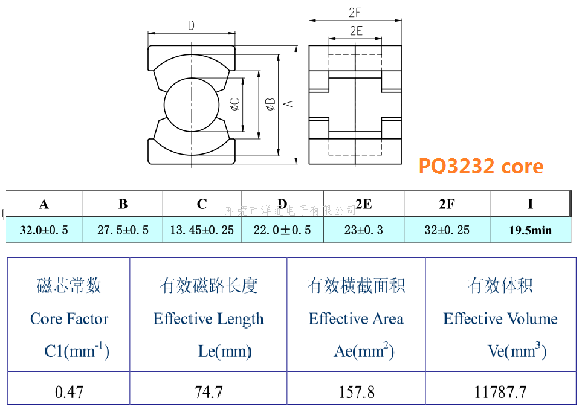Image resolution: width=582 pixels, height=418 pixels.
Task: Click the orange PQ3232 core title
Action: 481,166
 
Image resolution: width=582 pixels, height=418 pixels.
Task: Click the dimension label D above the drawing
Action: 191,25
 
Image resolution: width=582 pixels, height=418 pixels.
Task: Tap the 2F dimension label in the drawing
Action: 355,13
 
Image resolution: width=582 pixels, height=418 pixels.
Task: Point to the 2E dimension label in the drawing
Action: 356,30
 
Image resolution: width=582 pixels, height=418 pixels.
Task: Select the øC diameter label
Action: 235,104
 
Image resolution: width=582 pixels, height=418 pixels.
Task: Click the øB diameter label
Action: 271,104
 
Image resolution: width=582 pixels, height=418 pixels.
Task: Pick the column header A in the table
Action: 44,204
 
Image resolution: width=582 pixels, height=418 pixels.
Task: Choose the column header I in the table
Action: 531,204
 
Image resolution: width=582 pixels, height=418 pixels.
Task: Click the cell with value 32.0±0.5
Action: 44,230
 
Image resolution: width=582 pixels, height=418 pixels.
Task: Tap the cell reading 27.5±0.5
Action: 123,230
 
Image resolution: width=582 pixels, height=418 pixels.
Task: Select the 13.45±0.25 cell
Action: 202,230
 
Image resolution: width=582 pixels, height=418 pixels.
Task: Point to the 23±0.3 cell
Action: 363,230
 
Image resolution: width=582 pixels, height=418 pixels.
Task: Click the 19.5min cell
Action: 531,230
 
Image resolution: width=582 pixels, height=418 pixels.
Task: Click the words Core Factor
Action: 70,318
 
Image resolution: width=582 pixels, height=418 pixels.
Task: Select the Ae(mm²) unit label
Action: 364,350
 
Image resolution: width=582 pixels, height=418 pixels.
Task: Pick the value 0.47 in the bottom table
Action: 69,392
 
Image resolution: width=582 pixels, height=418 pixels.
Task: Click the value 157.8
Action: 357,392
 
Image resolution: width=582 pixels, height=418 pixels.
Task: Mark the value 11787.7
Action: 500,392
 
